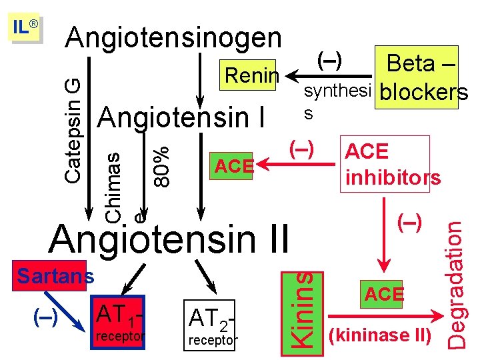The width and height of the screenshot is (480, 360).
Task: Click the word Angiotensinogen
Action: pos(173,38)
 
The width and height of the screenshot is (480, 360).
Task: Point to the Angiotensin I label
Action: pos(181,118)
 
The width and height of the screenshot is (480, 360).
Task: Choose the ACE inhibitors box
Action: pos(392,164)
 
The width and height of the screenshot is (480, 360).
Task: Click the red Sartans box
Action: pos(55,275)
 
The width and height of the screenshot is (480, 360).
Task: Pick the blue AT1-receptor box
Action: pos(121,321)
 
